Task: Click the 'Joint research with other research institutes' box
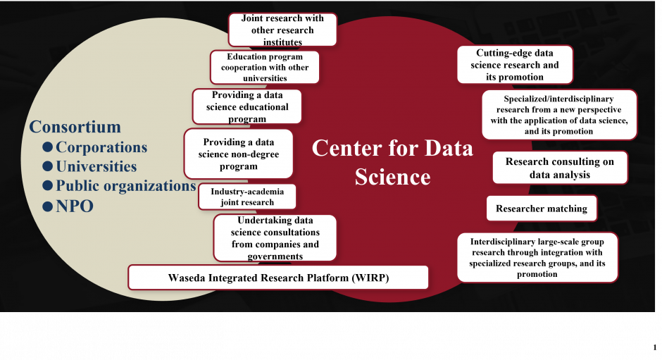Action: coord(282,30)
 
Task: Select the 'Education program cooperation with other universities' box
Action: coord(265,67)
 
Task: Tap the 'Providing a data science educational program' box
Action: coord(247,106)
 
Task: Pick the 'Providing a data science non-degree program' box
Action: coord(239,154)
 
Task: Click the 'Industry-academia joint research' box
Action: coord(247,197)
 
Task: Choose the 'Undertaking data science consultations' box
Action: coord(275,238)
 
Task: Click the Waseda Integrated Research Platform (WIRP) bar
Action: coord(278,278)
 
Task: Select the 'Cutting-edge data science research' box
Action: coord(515,65)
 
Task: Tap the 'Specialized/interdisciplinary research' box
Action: coord(559,115)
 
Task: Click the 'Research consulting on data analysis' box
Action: coord(560,168)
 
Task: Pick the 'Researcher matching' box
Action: coord(542,209)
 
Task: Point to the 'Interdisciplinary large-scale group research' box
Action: coord(537,257)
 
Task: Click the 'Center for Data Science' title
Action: coord(393,162)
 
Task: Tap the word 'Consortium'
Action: coord(75,127)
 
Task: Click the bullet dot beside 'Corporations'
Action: coord(48,147)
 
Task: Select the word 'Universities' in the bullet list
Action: coord(96,166)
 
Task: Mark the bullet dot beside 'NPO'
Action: coord(48,206)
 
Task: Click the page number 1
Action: coord(655,348)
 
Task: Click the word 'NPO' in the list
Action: coord(75,206)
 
